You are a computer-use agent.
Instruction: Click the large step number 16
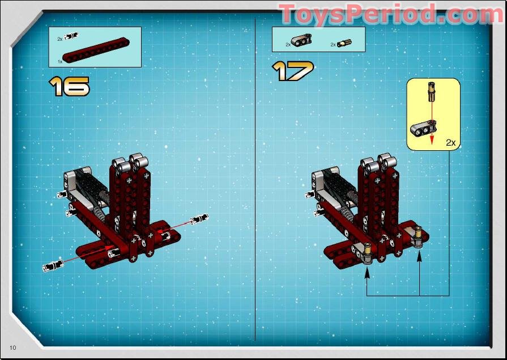pos(69,86)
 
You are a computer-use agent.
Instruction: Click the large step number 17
pos(292,71)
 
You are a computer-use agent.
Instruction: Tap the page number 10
pos(12,346)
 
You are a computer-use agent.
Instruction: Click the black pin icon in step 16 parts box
pos(71,37)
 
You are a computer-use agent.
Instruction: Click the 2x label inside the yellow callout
pos(450,143)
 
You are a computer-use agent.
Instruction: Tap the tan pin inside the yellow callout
pos(432,91)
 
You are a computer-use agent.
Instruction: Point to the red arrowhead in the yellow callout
pos(432,139)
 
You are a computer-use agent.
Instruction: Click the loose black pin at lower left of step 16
pos(52,265)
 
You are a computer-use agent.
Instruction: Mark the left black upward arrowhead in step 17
pos(367,273)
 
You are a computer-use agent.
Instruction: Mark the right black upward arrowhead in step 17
pos(419,256)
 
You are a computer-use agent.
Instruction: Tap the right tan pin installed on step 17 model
pos(418,234)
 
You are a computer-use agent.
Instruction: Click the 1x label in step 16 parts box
pos(59,61)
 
